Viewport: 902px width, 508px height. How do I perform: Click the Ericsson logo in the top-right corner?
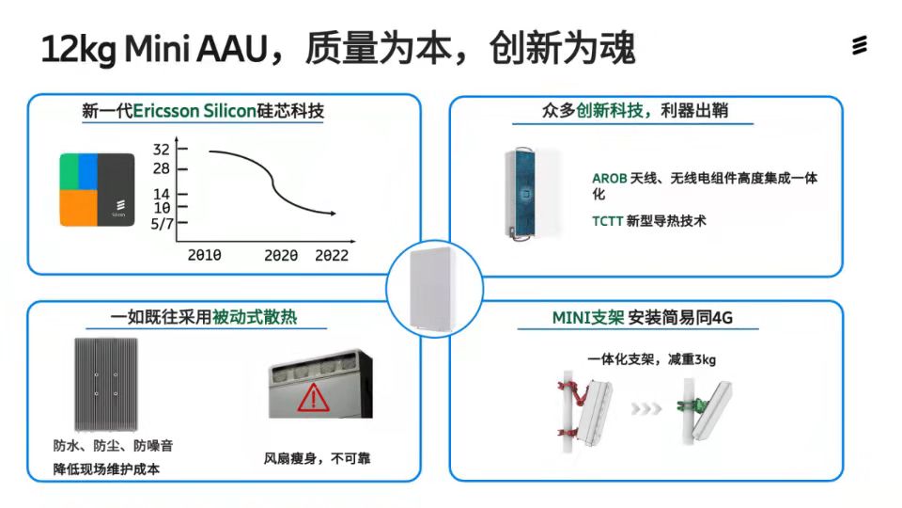click(x=860, y=45)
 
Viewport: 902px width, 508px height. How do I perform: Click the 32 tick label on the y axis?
click(x=161, y=150)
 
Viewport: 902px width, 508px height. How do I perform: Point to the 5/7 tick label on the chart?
click(x=162, y=224)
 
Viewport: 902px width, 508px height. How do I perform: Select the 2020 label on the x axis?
click(x=281, y=255)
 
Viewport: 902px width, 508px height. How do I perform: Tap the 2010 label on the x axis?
click(x=204, y=255)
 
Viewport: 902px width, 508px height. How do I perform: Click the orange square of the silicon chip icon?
click(x=79, y=208)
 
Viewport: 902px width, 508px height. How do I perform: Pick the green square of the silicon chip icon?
click(x=70, y=171)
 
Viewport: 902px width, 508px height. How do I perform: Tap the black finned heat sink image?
click(x=106, y=384)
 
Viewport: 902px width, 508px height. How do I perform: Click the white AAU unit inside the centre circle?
click(x=432, y=290)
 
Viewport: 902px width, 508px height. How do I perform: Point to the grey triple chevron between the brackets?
click(x=646, y=409)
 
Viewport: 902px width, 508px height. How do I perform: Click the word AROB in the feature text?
click(x=609, y=179)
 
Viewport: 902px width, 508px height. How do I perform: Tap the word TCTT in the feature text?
click(x=608, y=221)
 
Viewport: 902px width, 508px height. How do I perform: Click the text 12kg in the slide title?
click(x=79, y=49)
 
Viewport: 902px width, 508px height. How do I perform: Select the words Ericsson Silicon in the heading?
click(x=194, y=111)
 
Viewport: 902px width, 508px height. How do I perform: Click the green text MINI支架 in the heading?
click(x=588, y=318)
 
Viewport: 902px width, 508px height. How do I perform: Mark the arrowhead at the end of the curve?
click(x=333, y=214)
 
